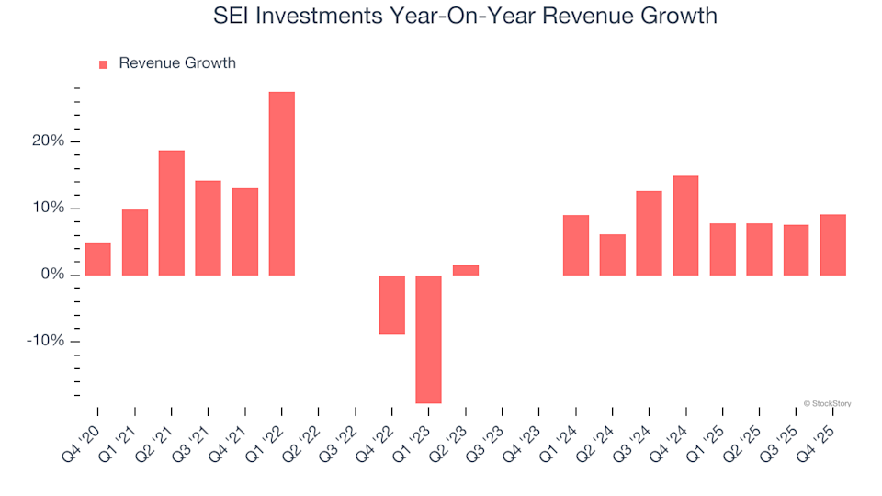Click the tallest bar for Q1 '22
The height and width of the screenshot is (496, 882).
tap(281, 184)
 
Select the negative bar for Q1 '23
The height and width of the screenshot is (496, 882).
tap(428, 339)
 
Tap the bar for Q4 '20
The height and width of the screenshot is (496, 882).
tap(97, 259)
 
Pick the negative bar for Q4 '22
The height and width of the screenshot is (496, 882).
tap(391, 305)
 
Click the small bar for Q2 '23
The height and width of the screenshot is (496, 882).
tap(465, 270)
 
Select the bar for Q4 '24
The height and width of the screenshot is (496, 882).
tap(685, 225)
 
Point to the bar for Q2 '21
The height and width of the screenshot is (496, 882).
tap(171, 212)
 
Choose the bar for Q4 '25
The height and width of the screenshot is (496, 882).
tap(832, 244)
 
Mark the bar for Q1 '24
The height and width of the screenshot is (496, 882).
tap(575, 245)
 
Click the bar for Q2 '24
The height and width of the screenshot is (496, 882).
tap(612, 254)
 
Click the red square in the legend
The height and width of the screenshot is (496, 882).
tap(103, 64)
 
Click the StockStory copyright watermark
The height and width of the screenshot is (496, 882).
tap(826, 403)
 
